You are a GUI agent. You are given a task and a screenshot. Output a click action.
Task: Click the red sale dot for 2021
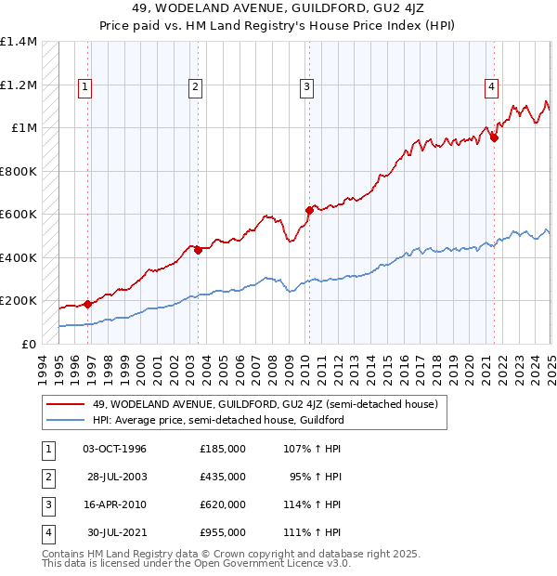coord(494,137)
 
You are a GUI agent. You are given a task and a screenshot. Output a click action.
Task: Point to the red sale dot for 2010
coord(309,210)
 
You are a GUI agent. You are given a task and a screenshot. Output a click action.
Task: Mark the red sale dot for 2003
coord(198,250)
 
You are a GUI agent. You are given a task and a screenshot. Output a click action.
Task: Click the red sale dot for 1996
coord(87,304)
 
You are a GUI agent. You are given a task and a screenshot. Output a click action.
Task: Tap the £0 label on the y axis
coord(28,344)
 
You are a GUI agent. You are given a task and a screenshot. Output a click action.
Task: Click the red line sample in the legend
coord(65,403)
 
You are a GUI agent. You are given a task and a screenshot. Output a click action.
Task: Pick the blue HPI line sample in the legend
coord(65,420)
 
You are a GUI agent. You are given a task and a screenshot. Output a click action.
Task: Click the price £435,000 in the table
coord(223,477)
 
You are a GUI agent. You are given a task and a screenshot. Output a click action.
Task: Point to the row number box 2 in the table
coord(45,477)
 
